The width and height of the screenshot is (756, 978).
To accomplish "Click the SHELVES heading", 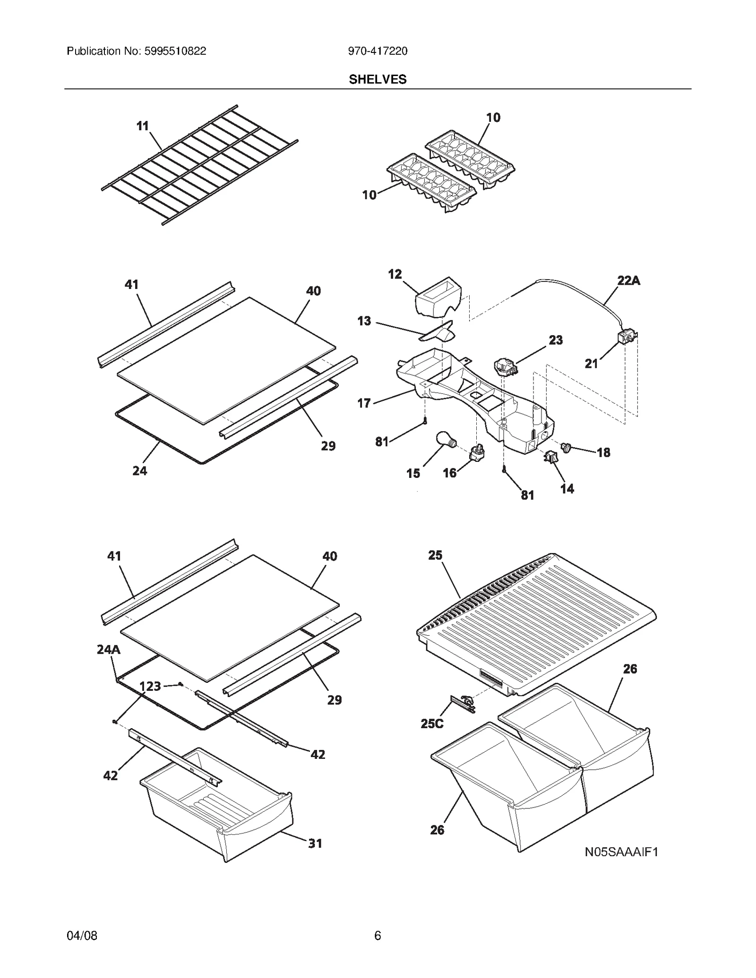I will (378, 79).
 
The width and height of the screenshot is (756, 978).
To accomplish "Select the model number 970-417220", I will (378, 51).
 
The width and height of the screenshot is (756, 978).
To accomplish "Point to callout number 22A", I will (628, 281).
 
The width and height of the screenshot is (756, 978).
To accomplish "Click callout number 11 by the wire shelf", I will (142, 126).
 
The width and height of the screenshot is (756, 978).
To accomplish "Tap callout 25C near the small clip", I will (432, 723).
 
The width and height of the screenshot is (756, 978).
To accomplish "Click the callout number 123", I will (150, 686).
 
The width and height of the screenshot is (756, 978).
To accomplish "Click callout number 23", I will (556, 340).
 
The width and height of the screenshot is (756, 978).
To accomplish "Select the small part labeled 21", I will (627, 337).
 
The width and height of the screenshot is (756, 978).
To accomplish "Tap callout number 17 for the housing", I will (364, 403).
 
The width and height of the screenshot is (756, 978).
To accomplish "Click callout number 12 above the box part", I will (395, 274).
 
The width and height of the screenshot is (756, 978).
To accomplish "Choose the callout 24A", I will (109, 649).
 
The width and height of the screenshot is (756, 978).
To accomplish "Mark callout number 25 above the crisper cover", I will (435, 555).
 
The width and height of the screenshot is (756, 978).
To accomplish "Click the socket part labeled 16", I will (476, 454).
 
